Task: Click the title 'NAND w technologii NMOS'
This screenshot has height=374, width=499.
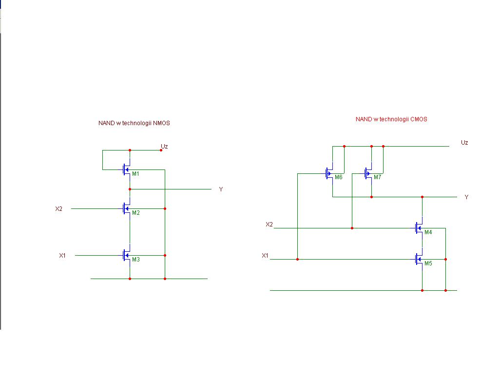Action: tap(134, 123)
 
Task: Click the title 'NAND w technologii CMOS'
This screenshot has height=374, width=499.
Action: tap(391, 119)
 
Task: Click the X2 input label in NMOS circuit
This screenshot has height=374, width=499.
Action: tap(59, 209)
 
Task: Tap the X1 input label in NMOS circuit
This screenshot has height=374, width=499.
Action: tap(62, 256)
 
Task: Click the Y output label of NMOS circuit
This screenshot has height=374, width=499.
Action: tap(221, 189)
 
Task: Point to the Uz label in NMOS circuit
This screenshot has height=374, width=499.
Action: tap(164, 147)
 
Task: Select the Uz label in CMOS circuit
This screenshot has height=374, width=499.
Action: tap(464, 143)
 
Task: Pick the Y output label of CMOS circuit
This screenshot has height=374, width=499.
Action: tap(466, 197)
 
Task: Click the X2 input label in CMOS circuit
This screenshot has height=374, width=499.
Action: tap(269, 224)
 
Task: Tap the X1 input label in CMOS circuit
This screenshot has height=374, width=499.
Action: tap(265, 256)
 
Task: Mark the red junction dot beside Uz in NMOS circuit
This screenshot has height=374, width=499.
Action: tap(161, 150)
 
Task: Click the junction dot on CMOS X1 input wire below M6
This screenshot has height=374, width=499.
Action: tap(298, 259)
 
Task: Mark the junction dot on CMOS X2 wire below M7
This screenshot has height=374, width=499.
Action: tap(352, 228)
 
